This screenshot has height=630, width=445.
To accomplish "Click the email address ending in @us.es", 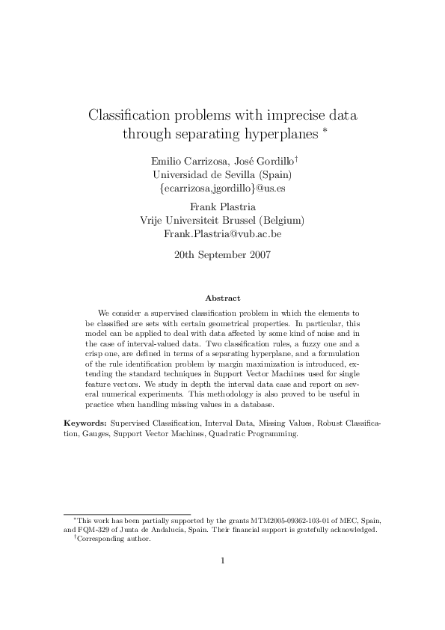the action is pos(222,189).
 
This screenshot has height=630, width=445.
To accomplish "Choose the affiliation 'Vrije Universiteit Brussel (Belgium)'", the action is pos(222,220).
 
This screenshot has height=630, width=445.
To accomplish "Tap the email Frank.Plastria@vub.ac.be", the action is pos(222,234).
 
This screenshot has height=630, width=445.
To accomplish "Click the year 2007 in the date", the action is pos(256,254).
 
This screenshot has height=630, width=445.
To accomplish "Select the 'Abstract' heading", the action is pos(222,298).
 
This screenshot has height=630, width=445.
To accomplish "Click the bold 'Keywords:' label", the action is pos(85,423).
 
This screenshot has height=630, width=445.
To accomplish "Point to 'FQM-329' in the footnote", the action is pos(93,529).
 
